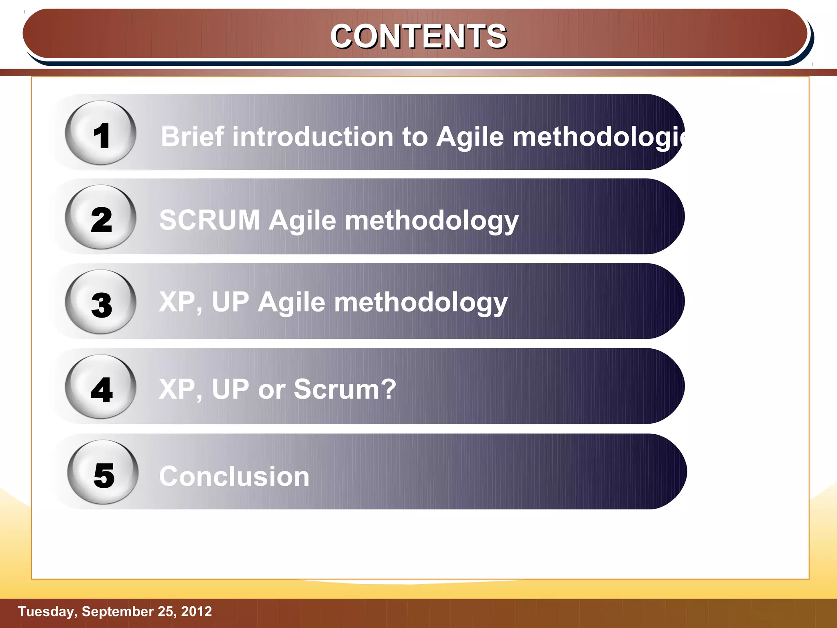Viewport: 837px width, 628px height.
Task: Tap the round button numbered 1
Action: coord(101,133)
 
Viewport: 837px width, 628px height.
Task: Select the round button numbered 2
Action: coord(101,218)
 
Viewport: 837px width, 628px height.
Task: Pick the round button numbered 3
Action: coord(101,302)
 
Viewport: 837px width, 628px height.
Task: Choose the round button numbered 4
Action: coord(101,387)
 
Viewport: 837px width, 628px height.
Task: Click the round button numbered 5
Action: coord(103,472)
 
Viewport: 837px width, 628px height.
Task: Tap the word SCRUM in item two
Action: coord(210,220)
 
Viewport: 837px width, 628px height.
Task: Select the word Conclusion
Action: coord(234,476)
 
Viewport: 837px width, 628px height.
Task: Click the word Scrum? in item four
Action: coord(345,389)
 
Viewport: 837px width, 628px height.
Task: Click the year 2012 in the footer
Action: coord(197,611)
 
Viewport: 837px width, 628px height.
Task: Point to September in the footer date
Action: coord(117,611)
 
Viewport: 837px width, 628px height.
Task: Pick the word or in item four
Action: coord(271,390)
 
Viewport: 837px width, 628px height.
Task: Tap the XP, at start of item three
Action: coord(180,303)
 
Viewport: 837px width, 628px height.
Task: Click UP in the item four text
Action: coord(230,389)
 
